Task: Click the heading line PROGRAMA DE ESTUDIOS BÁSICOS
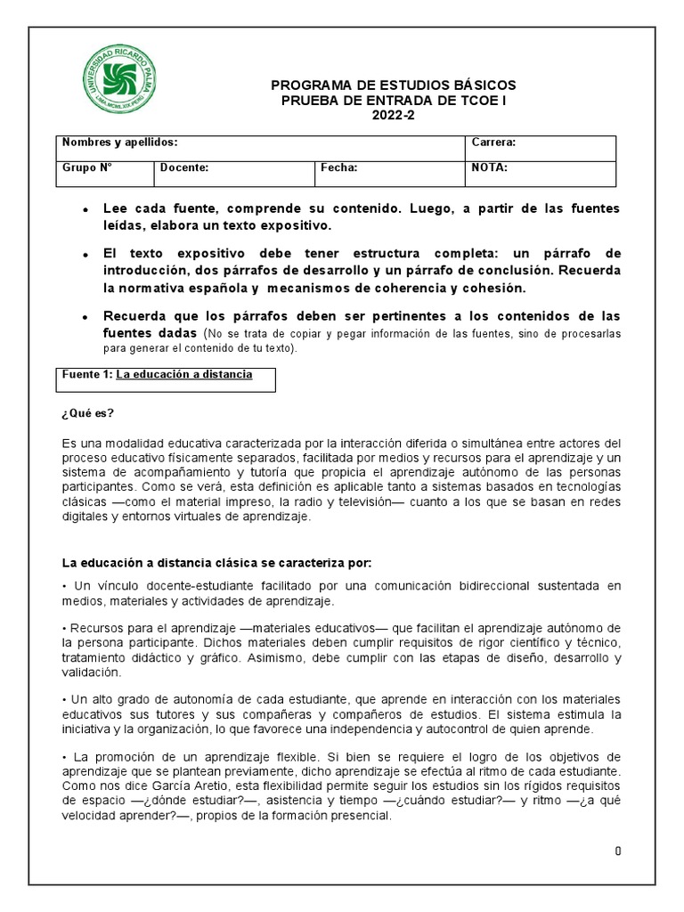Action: pos(393,85)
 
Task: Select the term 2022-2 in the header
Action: pos(393,115)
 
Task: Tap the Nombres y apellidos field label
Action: pos(119,142)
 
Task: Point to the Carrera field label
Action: pos(493,142)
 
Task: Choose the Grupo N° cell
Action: pos(87,167)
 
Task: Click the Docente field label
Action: pos(184,167)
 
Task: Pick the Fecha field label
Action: pos(339,167)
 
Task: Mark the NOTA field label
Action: pos(489,167)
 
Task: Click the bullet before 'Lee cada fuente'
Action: pos(84,209)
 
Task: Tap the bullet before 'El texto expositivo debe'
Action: pos(84,255)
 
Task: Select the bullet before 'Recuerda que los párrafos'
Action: pos(84,318)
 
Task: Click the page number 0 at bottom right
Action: pos(617,851)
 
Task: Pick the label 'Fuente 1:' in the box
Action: pos(87,375)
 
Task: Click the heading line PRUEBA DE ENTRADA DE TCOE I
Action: pos(393,100)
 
